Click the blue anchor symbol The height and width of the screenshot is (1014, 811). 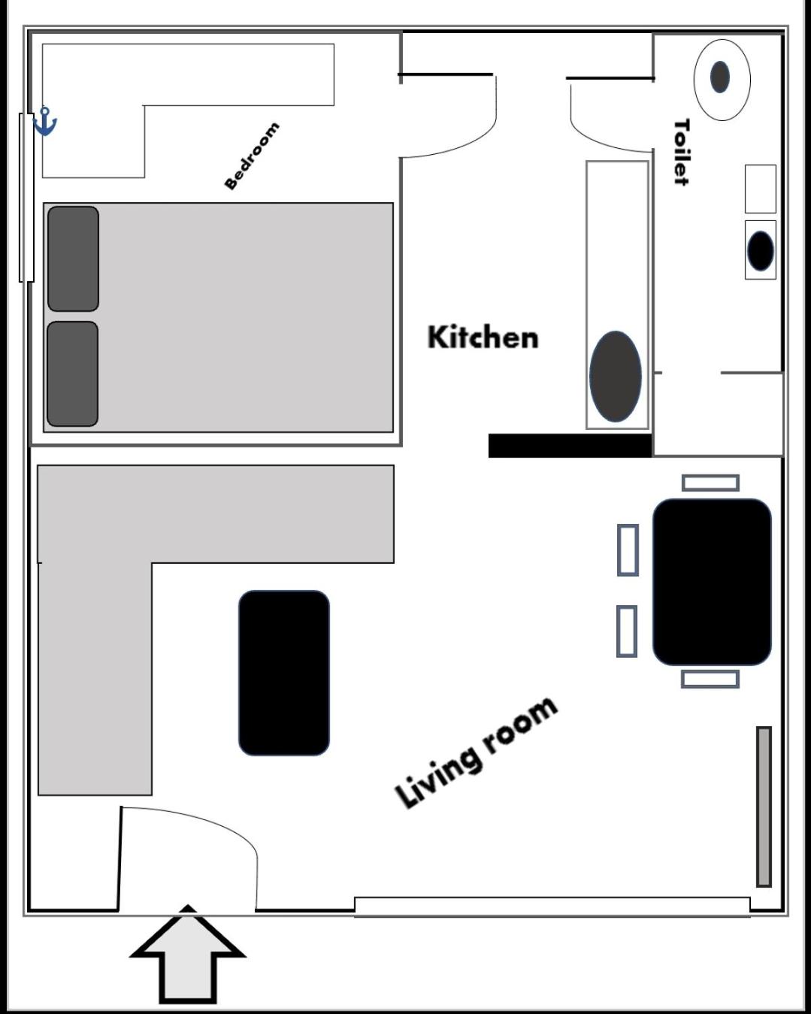45,121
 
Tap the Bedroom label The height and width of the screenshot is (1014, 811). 252,156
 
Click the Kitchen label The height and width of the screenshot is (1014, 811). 483,337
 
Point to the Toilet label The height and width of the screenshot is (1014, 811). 682,152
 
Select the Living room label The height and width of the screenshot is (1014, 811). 476,752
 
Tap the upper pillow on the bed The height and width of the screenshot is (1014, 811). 73,259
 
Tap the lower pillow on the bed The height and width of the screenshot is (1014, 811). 73,374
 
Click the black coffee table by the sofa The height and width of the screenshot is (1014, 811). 284,673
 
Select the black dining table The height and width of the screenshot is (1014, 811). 712,582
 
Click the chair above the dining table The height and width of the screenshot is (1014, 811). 710,483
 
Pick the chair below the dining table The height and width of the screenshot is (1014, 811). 710,679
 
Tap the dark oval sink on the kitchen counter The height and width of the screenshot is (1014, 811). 616,377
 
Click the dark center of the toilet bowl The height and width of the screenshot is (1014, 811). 719,77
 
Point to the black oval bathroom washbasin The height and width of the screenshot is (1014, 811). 760,250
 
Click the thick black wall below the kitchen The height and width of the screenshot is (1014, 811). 570,446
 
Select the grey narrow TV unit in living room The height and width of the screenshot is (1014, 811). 764,807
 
